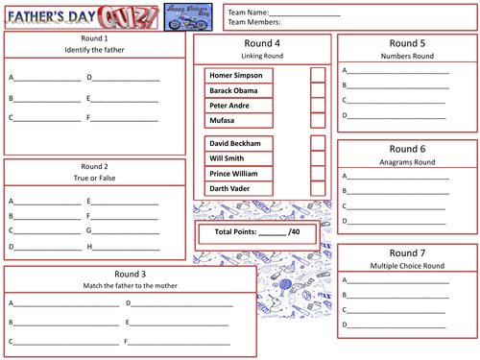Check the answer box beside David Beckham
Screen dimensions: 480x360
pyautogui.click(x=318, y=142)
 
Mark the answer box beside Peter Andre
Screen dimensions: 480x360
pyautogui.click(x=318, y=106)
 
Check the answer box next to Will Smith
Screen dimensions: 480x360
pyautogui.click(x=318, y=157)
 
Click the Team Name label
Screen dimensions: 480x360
pyautogui.click(x=245, y=12)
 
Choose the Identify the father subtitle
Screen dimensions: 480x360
pyautogui.click(x=93, y=49)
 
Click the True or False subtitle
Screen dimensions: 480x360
pyautogui.click(x=93, y=178)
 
